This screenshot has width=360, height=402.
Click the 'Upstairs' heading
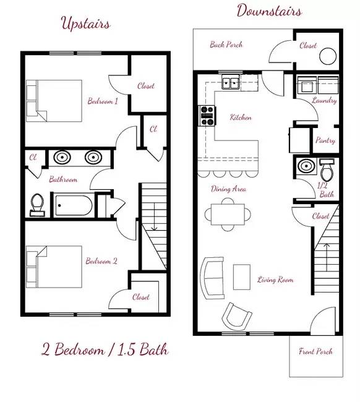click(x=85, y=24)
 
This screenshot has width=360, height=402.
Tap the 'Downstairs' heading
click(x=269, y=11)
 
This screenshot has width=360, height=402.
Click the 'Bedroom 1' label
click(x=103, y=101)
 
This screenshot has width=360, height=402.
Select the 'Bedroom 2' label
click(x=101, y=261)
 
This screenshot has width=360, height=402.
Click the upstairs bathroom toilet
click(x=38, y=205)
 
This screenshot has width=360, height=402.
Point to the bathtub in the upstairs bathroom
click(x=74, y=205)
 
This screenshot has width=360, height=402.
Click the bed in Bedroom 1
click(x=54, y=101)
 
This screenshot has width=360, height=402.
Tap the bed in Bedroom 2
click(x=54, y=267)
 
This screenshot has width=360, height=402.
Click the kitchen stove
click(x=207, y=116)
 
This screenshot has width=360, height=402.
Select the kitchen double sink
click(x=231, y=82)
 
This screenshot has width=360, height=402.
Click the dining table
click(x=228, y=215)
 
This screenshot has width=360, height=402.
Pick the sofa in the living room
click(x=212, y=278)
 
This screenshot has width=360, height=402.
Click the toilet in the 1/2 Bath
click(x=327, y=169)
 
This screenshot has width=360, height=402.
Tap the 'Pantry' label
click(x=325, y=140)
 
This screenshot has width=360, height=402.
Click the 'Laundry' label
click(x=324, y=100)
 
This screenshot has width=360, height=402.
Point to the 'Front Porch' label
click(x=315, y=351)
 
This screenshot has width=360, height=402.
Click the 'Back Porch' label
click(x=226, y=45)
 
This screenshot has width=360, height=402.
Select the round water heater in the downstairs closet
click(x=328, y=56)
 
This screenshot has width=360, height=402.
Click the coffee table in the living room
click(x=241, y=277)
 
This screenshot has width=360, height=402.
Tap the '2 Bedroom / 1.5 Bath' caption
click(x=105, y=349)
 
